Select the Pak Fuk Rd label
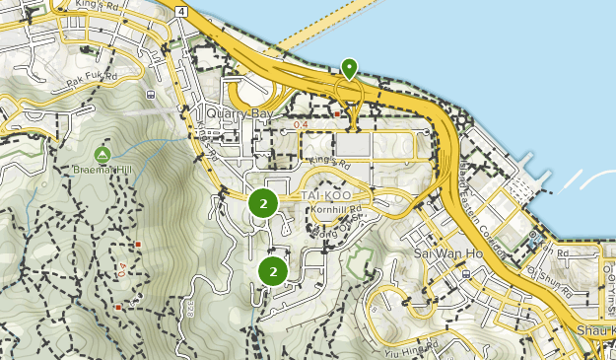coord(93,75)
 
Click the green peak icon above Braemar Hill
coord(103,155)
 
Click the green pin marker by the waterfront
coord(349,68)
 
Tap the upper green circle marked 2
coord(262,203)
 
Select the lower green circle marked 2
coord(272,270)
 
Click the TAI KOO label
coord(325,194)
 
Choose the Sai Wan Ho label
coord(441,252)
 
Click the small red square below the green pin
coord(337,113)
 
